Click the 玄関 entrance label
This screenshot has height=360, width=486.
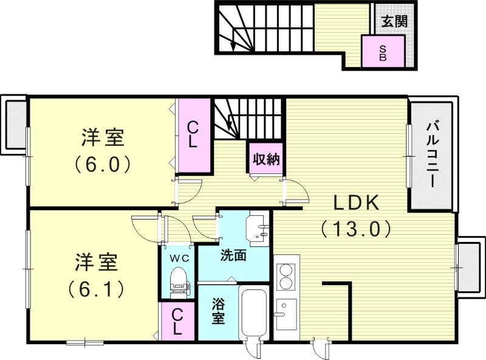(x=394, y=21)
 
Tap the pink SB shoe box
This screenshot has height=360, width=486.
(x=383, y=52)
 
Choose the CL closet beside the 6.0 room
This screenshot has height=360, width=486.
(x=193, y=135)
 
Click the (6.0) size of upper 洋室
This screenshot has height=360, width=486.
(x=103, y=164)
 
